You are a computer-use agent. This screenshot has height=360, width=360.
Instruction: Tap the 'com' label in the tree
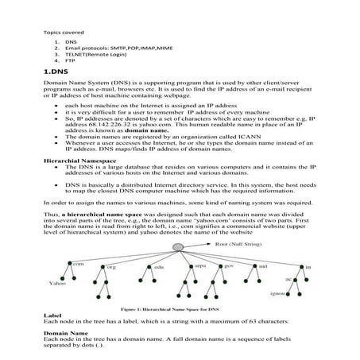(79, 262)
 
